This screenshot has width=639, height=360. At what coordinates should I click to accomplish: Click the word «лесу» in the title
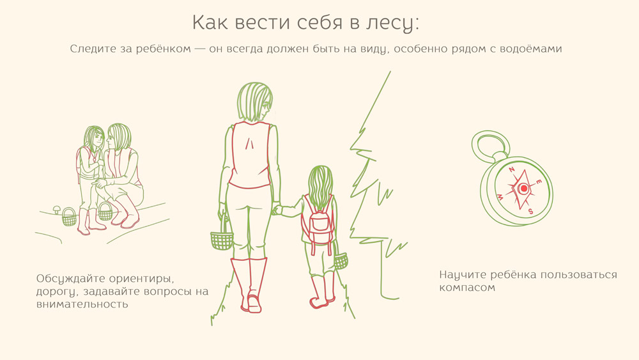point(392,23)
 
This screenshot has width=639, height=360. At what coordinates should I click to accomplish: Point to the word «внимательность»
point(82,304)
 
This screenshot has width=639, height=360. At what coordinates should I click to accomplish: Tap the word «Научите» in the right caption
point(463,275)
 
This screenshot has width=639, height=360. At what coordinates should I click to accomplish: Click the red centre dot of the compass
point(524,189)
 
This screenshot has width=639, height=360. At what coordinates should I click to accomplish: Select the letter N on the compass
point(512,170)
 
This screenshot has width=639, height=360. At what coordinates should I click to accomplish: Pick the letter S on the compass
point(530,211)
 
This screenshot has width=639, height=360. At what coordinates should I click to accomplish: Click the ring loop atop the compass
point(490,146)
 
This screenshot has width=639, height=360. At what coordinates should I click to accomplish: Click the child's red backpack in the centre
point(318,222)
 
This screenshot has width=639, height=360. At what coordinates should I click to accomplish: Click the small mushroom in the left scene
point(57,210)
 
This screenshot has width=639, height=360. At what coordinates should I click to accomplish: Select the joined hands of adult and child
point(277,210)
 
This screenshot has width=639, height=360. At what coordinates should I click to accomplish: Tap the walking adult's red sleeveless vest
point(250,155)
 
